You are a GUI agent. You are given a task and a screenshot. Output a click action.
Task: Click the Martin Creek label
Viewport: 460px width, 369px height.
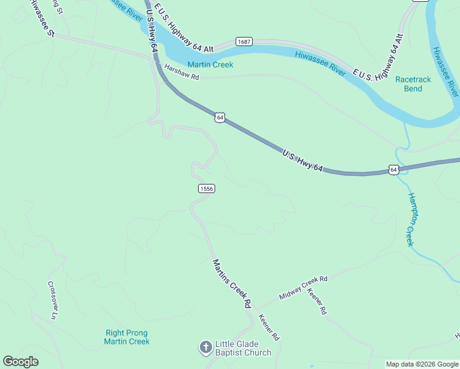pos(210,65)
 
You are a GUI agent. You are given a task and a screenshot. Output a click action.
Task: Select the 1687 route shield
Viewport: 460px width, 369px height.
pos(244,41)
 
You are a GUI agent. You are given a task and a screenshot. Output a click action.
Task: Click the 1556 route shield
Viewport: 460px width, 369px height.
pos(206,189)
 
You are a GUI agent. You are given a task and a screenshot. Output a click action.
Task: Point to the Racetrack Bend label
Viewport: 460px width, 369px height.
pos(413,84)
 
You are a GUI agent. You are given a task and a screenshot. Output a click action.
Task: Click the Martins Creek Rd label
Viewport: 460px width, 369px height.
pos(232,284)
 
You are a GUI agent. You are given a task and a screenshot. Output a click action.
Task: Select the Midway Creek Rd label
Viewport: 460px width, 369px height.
pos(304,287)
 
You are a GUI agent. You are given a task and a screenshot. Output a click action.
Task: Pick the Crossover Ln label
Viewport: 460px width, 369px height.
pos(52,300)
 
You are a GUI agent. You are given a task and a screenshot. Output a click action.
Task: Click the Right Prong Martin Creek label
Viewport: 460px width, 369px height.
pos(127,337)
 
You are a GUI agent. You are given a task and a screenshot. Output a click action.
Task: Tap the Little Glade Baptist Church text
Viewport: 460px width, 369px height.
pos(243,348)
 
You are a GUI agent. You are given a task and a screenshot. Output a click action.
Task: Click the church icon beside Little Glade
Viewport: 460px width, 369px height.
pos(205,348)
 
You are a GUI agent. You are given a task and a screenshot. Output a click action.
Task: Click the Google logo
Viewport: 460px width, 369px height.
pos(20,362)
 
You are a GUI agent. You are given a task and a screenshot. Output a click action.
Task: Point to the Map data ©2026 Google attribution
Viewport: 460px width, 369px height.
pos(422,364)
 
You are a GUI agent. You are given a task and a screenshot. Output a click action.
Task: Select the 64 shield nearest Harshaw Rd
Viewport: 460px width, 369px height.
pos(220,117)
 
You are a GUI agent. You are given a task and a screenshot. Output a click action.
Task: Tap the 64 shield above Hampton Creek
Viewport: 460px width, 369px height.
pos(394,170)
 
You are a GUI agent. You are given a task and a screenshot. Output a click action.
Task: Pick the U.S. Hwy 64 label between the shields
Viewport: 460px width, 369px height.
pos(303,159)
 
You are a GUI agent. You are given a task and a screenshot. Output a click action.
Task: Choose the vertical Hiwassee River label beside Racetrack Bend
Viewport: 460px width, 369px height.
pos(445,71)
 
